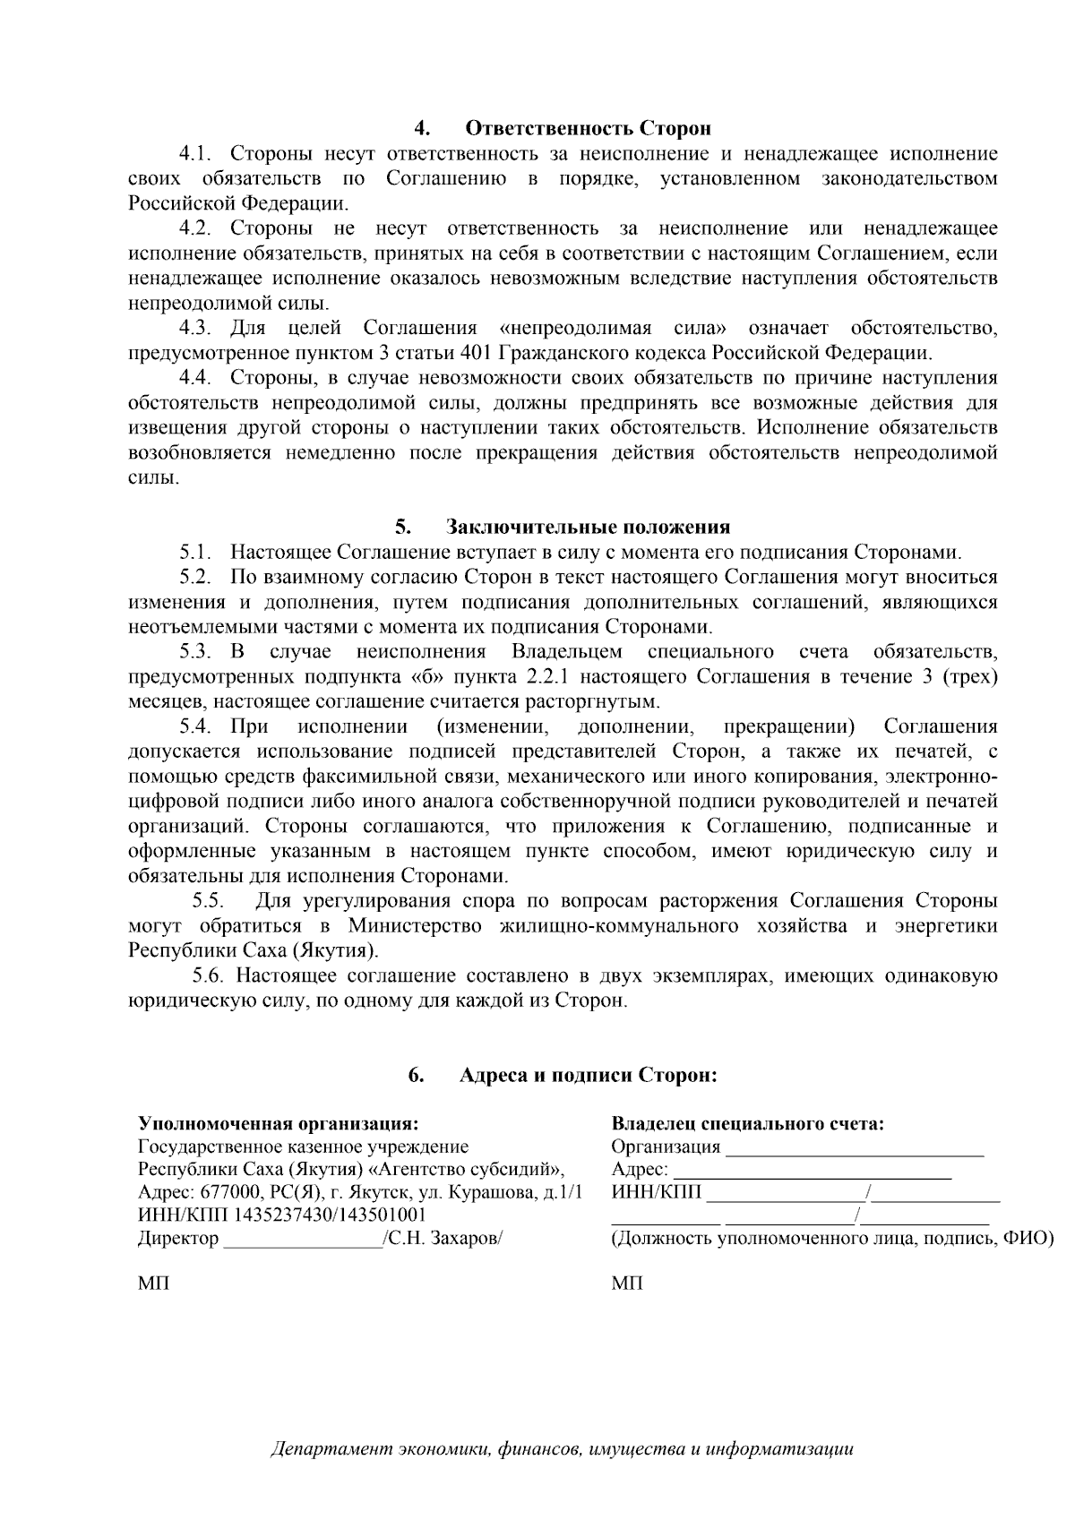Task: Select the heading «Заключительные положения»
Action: tap(589, 527)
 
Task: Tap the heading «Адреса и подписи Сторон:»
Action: tap(589, 1075)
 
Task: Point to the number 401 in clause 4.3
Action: tap(473, 352)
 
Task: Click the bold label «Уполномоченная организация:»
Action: tap(278, 1123)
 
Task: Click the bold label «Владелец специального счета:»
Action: tap(748, 1123)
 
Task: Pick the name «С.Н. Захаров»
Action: tap(443, 1238)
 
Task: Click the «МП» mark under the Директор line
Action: tap(153, 1284)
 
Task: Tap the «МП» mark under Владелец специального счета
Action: tap(627, 1284)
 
